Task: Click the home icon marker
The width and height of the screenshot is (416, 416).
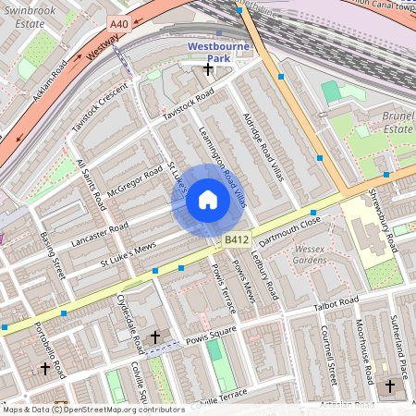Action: coord(208,201)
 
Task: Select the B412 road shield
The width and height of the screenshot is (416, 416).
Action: coord(236,240)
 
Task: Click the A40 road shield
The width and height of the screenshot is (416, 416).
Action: coord(119,23)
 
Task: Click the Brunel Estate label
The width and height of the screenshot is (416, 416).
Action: coord(397,122)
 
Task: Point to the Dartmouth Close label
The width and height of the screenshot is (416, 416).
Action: coord(289,230)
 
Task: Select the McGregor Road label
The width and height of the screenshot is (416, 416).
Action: coord(134,184)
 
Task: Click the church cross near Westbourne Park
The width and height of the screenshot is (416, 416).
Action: coord(208,68)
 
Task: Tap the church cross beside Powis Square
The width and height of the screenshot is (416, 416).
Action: coord(154,338)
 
